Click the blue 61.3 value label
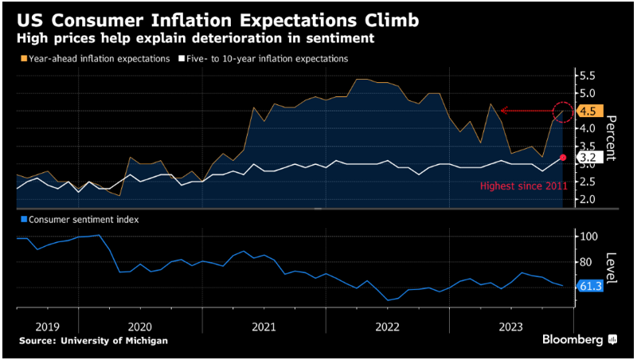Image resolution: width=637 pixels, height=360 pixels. [x=590, y=285]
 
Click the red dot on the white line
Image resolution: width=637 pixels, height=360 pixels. [x=563, y=158]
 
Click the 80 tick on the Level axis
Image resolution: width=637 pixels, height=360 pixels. [x=588, y=262]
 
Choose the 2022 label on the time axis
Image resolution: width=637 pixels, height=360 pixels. [x=387, y=327]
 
